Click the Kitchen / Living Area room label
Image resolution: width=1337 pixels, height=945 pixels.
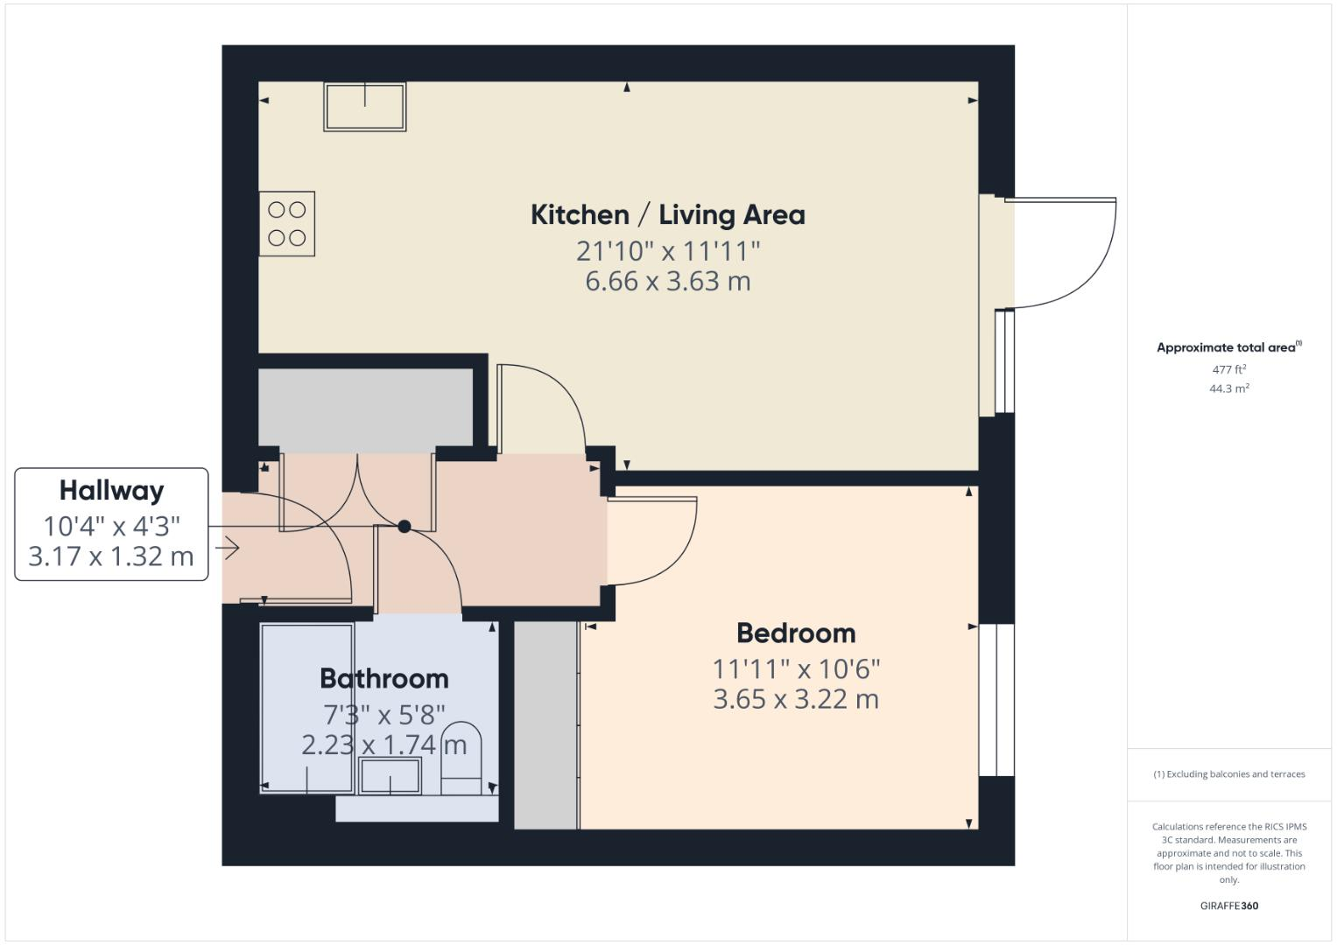[667, 215]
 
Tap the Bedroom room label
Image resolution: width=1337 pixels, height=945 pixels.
[796, 633]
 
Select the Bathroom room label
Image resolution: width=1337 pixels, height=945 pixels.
[384, 678]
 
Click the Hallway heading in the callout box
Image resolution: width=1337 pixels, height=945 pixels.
[111, 491]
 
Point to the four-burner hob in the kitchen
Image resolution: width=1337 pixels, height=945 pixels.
[286, 224]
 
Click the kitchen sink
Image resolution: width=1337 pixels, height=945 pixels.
[365, 107]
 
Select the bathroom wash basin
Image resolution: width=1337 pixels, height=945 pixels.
[391, 776]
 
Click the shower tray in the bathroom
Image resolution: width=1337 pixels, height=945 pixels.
[306, 708]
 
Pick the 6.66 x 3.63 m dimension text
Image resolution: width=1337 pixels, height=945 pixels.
[667, 282]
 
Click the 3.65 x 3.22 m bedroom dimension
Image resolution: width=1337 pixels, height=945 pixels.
[796, 700]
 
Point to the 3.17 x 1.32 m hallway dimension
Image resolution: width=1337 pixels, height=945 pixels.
[111, 556]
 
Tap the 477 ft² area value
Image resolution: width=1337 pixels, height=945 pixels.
[1228, 370]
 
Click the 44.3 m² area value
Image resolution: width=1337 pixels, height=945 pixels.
[1228, 388]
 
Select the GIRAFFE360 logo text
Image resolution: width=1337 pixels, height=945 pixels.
[1228, 906]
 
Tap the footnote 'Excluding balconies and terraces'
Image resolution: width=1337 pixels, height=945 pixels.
[1228, 774]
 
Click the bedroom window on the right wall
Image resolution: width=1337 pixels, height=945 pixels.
[996, 700]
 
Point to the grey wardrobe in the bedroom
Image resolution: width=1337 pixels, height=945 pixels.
[545, 724]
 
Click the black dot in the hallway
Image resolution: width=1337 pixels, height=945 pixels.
[405, 526]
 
